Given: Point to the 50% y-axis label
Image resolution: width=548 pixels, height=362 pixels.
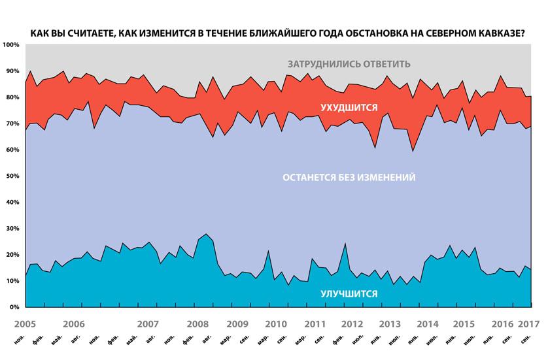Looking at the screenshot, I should click(12, 176).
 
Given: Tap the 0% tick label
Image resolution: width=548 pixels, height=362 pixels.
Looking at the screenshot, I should click(14, 306).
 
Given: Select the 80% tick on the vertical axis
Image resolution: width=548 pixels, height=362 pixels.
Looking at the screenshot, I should click(12, 97).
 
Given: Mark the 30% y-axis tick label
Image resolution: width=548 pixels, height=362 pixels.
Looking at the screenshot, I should click(12, 228).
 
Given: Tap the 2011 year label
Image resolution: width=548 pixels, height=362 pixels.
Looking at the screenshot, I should click(316, 323).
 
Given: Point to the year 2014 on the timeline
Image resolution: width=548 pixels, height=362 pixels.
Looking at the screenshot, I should click(426, 323).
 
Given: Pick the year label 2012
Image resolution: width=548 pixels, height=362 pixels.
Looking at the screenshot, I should click(353, 323).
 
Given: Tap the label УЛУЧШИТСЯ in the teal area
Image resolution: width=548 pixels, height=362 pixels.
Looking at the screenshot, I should click(349, 294).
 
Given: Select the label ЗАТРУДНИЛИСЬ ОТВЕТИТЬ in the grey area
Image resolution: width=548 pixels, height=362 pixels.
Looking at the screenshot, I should click(349, 64).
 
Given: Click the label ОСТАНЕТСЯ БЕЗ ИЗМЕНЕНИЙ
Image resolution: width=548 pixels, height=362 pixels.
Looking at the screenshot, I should click(349, 178).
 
